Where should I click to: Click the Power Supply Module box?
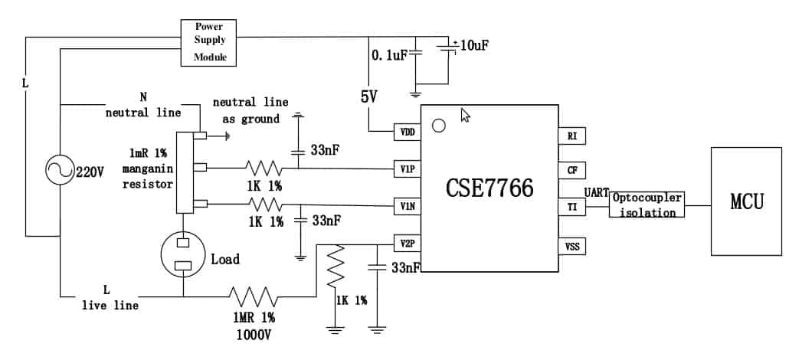[x=208, y=42]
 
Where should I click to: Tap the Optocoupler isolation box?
[x=646, y=205]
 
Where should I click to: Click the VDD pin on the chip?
[x=407, y=132]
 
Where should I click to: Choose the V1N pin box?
[x=407, y=205]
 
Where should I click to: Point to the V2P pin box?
[x=407, y=244]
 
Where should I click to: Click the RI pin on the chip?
[x=571, y=136]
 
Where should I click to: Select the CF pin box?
[x=571, y=170]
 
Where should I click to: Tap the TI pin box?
[x=571, y=207]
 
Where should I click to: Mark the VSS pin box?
[x=571, y=246]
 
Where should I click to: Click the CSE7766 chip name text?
[x=489, y=188]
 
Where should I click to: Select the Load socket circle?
[x=184, y=254]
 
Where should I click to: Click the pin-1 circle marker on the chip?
[x=438, y=125]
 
